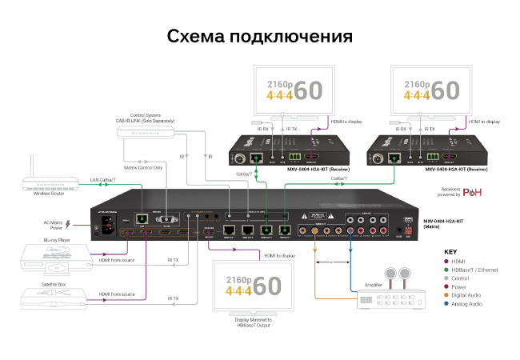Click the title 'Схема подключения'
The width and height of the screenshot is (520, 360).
(x=260, y=37)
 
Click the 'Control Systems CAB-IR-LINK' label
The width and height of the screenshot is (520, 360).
(x=145, y=118)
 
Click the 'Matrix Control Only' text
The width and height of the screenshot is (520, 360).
(x=143, y=169)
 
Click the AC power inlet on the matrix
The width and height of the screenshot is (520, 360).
(x=107, y=226)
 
